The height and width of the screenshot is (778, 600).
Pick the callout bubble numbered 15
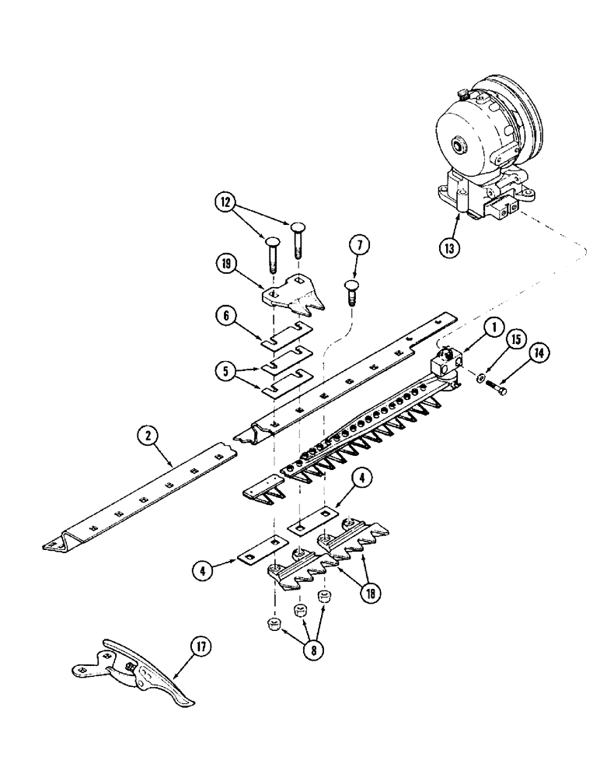(518, 342)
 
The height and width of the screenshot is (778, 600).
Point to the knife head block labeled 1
(445, 364)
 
